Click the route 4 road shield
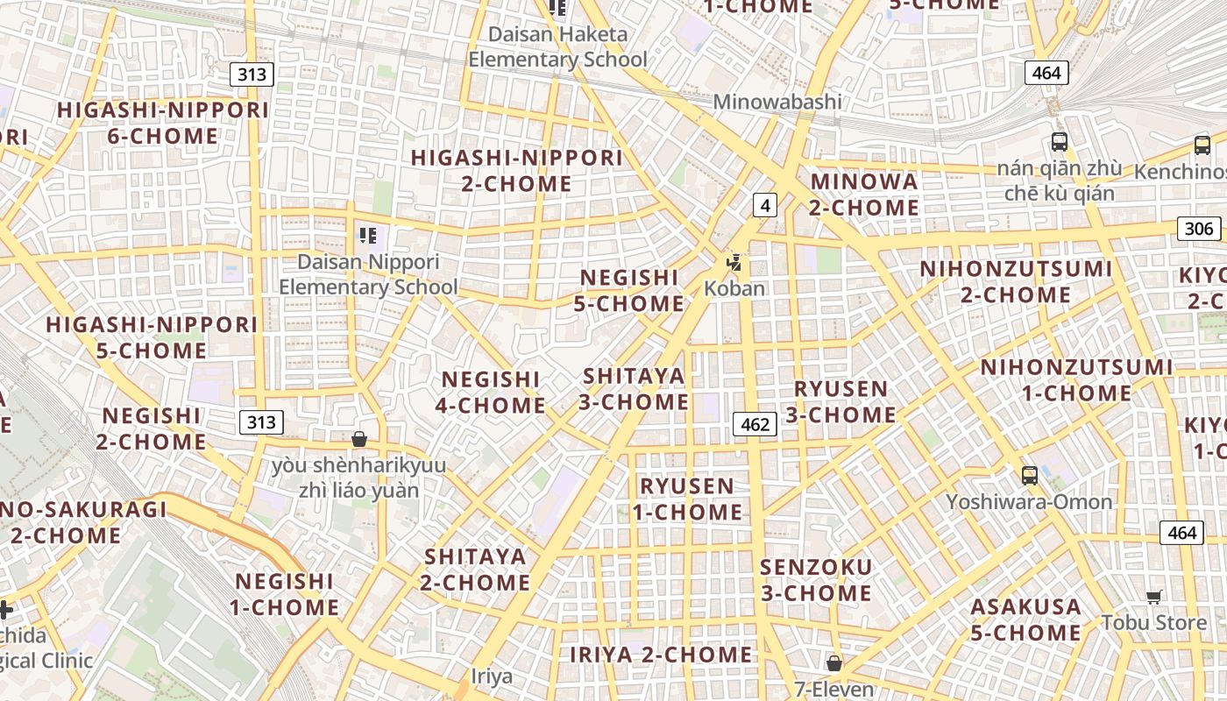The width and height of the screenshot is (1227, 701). click(765, 205)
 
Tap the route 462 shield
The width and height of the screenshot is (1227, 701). click(755, 425)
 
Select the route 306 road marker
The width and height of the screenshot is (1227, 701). click(1198, 230)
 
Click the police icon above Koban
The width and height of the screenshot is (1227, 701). click(734, 262)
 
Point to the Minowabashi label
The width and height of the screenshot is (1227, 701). click(777, 102)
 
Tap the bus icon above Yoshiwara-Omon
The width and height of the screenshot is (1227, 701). click(1030, 476)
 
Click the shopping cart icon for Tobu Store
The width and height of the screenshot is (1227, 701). click(1154, 598)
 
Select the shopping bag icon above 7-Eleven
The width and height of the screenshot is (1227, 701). click(834, 662)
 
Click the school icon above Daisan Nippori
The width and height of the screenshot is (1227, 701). click(368, 235)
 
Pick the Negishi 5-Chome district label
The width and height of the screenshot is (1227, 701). click(629, 291)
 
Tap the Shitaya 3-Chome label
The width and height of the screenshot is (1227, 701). click(635, 389)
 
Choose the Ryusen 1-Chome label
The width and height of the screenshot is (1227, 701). click(687, 499)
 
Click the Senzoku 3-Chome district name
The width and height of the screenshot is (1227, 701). click(816, 580)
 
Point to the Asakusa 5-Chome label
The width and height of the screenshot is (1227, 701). click(1025, 620)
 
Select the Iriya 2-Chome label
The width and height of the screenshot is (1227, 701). click(661, 655)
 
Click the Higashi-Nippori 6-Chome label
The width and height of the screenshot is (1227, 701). click(163, 124)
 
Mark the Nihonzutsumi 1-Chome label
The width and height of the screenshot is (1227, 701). click(1076, 380)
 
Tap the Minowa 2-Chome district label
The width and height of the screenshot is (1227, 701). click(863, 195)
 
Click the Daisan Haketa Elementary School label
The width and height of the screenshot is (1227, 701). click(558, 47)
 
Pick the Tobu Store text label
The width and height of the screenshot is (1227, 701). click(1154, 622)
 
